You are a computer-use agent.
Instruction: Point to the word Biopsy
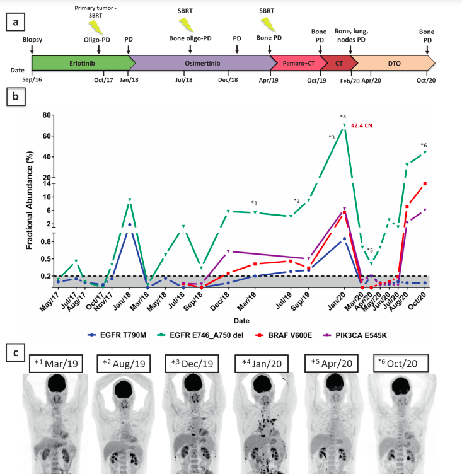33,39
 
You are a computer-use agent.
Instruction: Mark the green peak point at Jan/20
344,125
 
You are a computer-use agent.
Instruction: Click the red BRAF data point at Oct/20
425,183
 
